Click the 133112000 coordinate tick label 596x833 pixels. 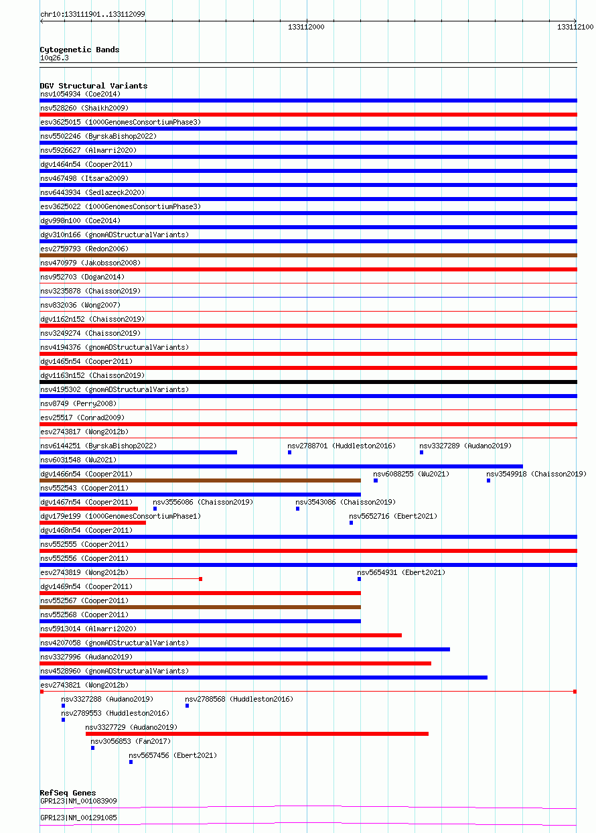(306, 27)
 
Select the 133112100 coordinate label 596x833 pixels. (575, 27)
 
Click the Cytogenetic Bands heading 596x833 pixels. (79, 50)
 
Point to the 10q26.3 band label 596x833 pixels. (54, 58)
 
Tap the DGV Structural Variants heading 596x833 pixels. (93, 86)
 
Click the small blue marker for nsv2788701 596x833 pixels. (290, 452)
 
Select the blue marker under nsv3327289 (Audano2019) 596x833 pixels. (421, 452)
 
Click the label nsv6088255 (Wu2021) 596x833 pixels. (402, 474)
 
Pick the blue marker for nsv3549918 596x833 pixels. (489, 480)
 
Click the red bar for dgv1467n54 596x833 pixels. (88, 509)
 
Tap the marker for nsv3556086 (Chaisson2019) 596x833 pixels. (155, 509)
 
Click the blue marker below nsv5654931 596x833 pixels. (359, 579)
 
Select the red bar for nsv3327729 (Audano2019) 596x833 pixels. (256, 734)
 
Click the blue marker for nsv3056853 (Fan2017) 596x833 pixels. (93, 748)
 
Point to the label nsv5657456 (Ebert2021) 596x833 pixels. (173, 755)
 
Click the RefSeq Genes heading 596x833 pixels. (68, 793)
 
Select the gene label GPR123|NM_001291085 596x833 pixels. (78, 818)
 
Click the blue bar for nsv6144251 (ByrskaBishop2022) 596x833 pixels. (138, 452)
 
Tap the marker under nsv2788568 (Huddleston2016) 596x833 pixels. (188, 706)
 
